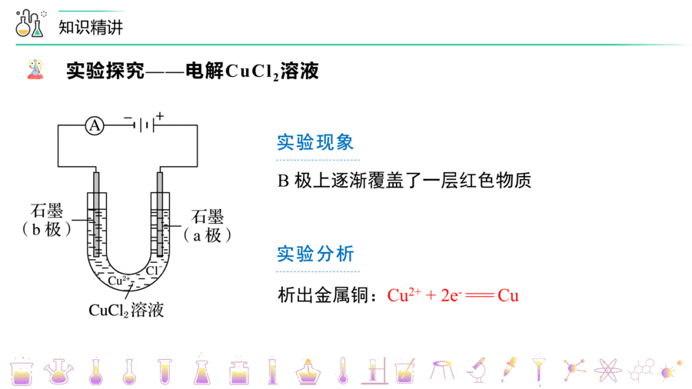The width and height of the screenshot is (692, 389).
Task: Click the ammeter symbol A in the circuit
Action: (x=95, y=126)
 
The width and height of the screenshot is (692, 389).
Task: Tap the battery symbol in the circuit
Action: (x=145, y=125)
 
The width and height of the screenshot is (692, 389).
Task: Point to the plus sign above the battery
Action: (x=160, y=116)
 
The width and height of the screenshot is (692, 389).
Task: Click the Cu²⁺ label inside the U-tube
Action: (x=118, y=281)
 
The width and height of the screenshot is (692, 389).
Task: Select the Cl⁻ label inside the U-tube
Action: (x=152, y=271)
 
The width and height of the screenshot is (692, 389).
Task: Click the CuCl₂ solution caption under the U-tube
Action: (x=126, y=310)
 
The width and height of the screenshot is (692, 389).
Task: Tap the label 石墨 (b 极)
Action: (x=46, y=220)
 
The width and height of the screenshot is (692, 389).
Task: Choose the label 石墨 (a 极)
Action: (x=207, y=226)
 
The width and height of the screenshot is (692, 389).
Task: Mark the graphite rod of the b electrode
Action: (x=96, y=214)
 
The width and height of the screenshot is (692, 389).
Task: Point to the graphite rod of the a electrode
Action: (x=160, y=214)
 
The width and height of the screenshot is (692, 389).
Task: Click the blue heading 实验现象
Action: (x=315, y=142)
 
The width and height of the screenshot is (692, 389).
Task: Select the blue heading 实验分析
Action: (x=315, y=254)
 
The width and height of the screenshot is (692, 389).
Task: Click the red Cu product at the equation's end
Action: (x=508, y=295)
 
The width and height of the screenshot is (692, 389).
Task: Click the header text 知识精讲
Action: (x=91, y=28)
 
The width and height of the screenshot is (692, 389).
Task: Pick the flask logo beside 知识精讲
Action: (x=30, y=23)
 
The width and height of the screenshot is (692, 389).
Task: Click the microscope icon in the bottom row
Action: (x=476, y=370)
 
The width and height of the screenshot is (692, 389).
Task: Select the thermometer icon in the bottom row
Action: (x=343, y=370)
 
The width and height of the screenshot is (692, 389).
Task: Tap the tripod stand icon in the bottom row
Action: (x=442, y=370)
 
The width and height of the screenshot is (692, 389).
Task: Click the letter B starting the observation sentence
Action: (x=283, y=181)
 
